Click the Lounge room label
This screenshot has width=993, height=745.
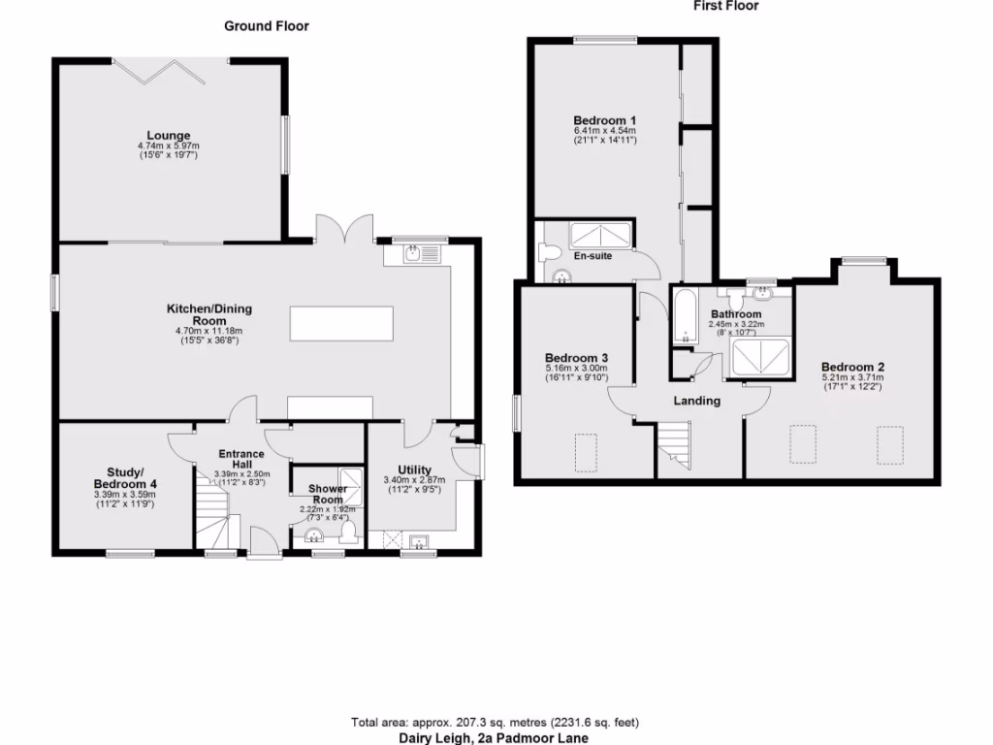click(x=169, y=136)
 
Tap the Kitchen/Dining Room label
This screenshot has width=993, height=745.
click(x=209, y=314)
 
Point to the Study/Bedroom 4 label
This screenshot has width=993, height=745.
click(x=125, y=477)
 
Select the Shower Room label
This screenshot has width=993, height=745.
click(x=327, y=494)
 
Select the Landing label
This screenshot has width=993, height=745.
click(x=696, y=400)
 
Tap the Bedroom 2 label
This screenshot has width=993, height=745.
click(x=852, y=367)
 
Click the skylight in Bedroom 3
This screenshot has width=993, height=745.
click(x=587, y=449)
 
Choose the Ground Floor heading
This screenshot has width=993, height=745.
click(x=267, y=26)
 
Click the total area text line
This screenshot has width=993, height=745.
click(x=496, y=723)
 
